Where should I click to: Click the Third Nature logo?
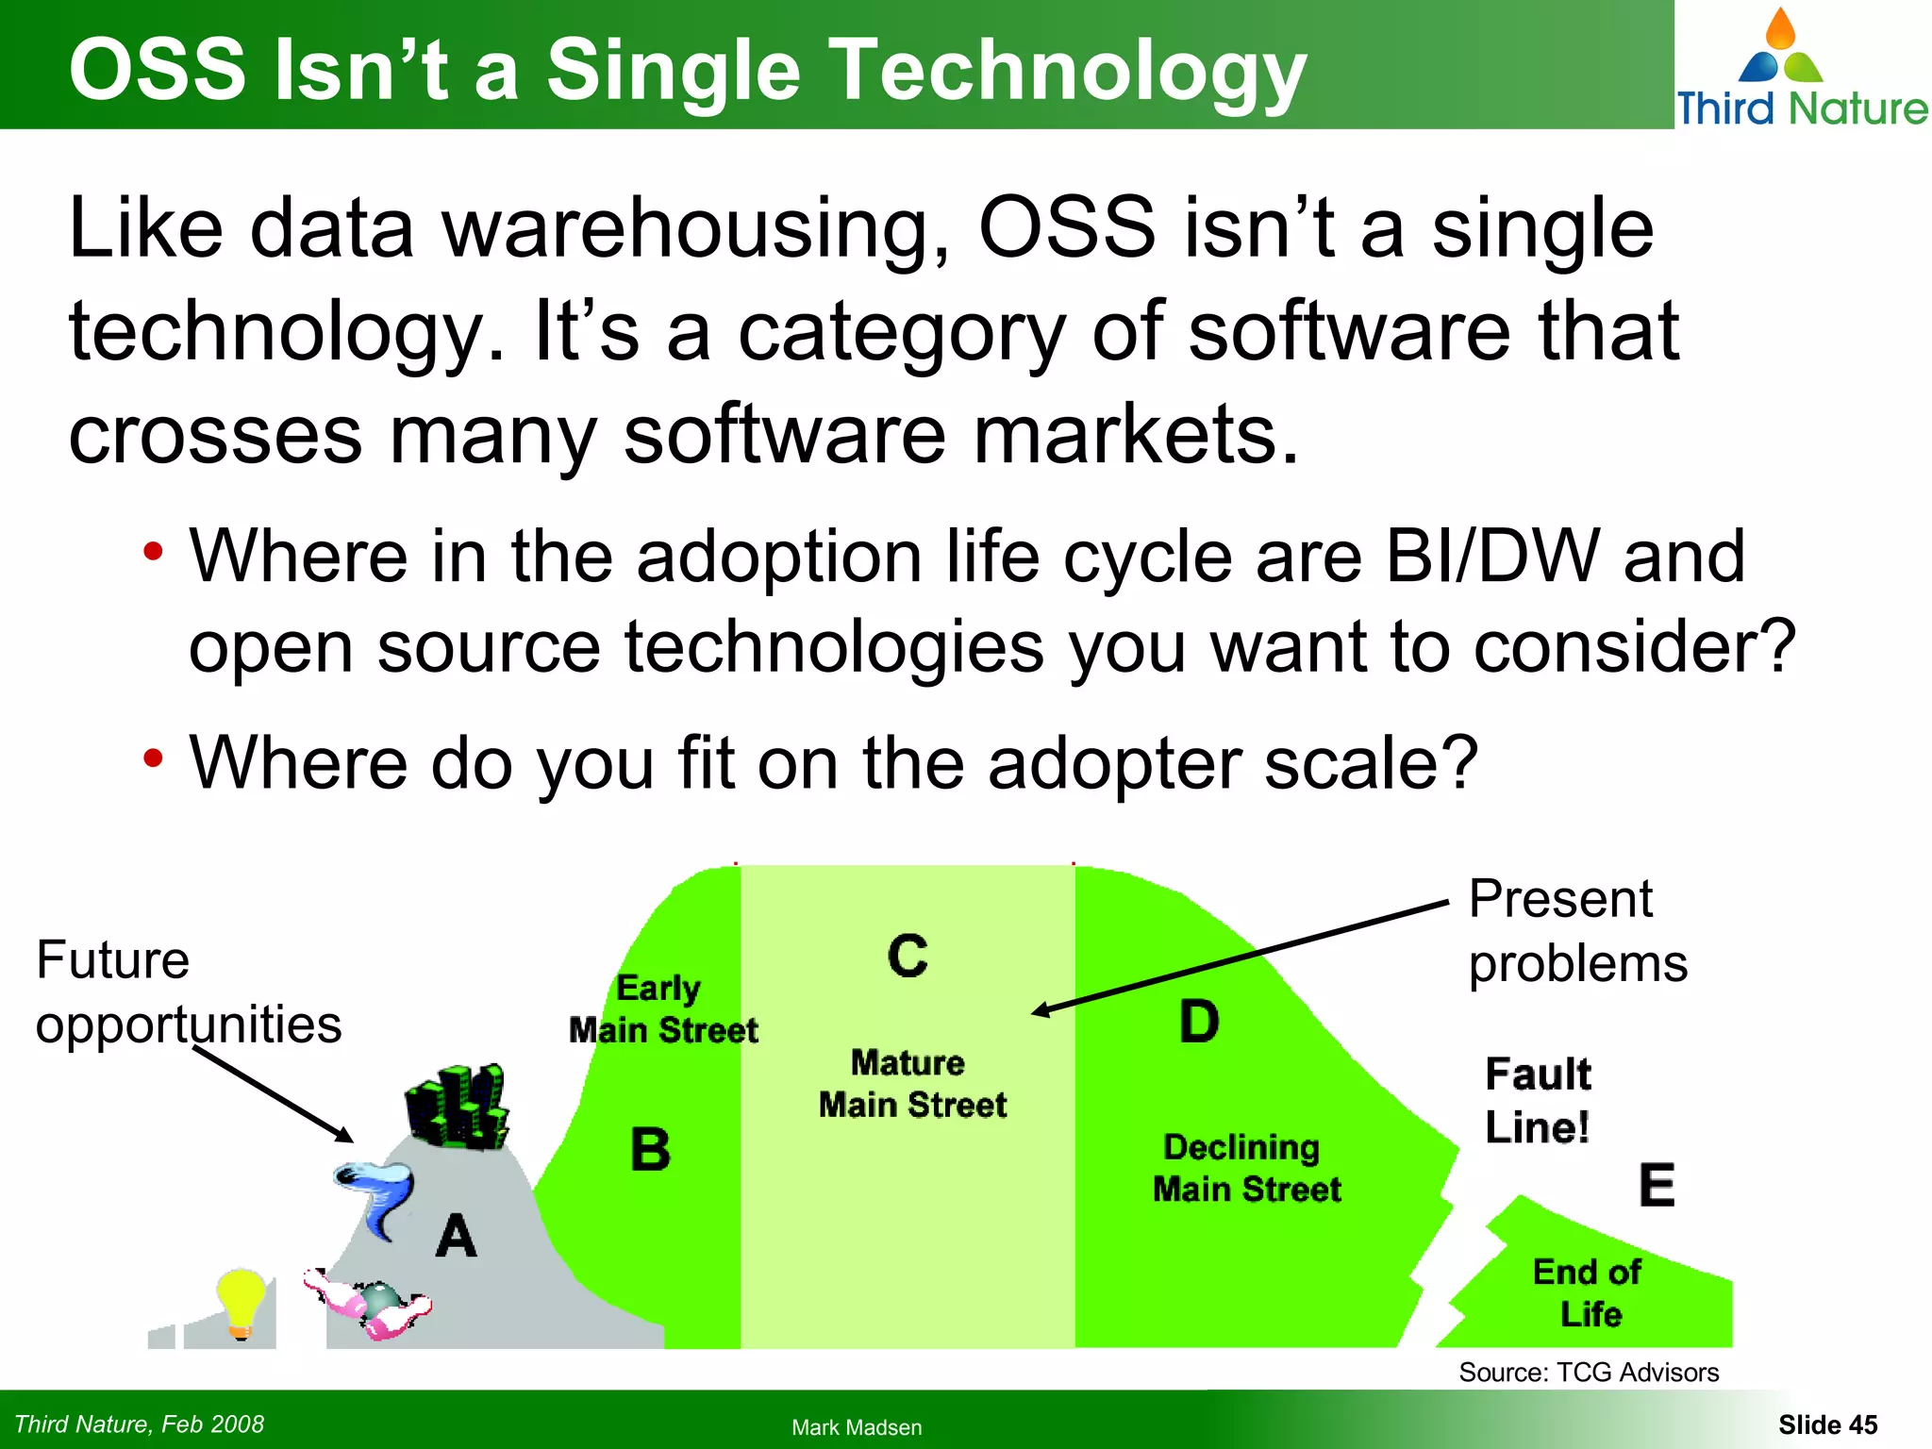tap(1801, 68)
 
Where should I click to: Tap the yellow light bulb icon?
tap(241, 1302)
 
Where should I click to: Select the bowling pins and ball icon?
tap(370, 1304)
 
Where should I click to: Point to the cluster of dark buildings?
tap(457, 1107)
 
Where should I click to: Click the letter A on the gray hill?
tap(457, 1236)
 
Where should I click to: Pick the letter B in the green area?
tap(650, 1150)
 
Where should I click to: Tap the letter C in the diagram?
tap(908, 956)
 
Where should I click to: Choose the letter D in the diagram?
tap(1199, 1022)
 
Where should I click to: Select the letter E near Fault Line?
tap(1657, 1186)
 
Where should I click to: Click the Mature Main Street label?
tap(911, 1084)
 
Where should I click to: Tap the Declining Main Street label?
tap(1245, 1168)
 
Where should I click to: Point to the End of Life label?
tap(1589, 1292)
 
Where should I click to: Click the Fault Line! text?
tap(1538, 1100)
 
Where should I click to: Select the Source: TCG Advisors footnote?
tap(1589, 1372)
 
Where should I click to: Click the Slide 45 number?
tap(1827, 1424)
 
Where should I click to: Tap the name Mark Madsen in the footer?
tap(857, 1427)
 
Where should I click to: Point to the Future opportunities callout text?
tap(188, 991)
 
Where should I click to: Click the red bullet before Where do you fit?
tap(154, 758)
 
